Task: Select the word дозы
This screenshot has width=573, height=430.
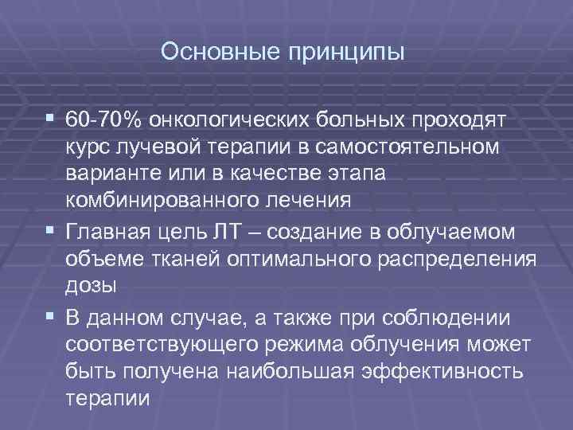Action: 91,285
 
